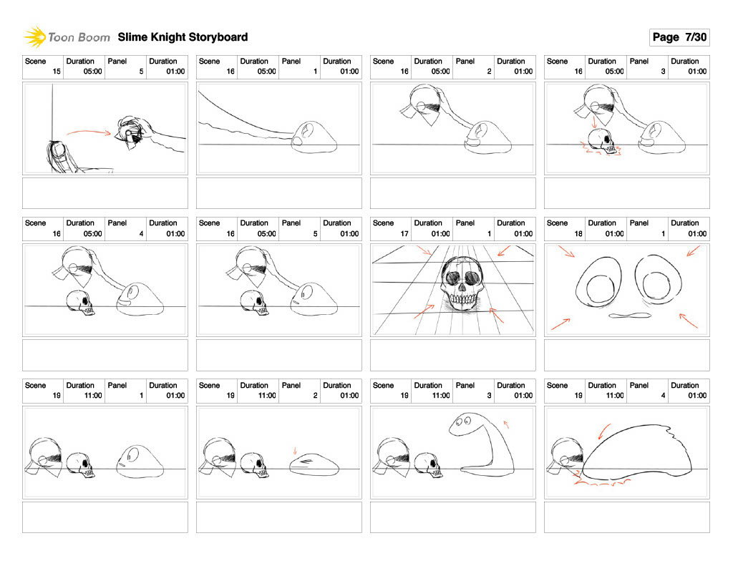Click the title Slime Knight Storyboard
tap(183, 37)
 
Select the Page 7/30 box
tap(679, 37)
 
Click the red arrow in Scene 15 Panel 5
tap(89, 132)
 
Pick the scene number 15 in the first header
tap(56, 72)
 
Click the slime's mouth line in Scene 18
tap(628, 316)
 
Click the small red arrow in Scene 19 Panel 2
tap(295, 451)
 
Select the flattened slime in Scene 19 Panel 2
tap(316, 464)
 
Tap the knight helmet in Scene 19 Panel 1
tap(45, 455)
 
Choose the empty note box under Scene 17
tap(452, 355)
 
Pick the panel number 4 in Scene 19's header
tap(663, 395)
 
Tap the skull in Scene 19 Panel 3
tap(429, 465)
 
